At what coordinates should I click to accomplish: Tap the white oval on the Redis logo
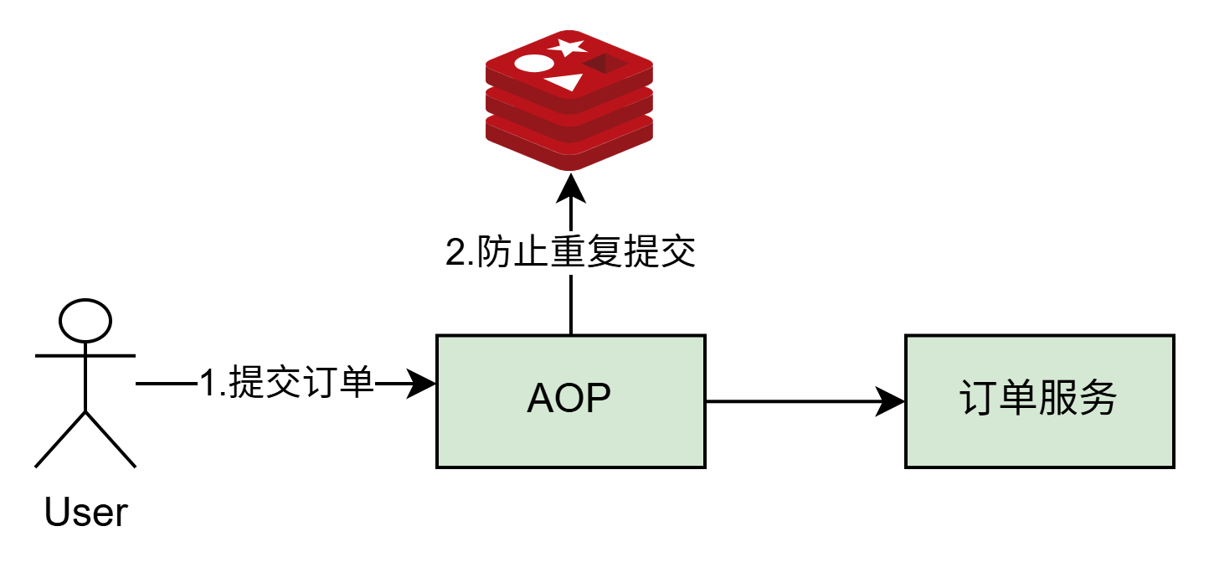[x=533, y=63]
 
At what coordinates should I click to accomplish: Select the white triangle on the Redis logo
[x=565, y=81]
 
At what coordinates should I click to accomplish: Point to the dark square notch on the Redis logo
[x=604, y=64]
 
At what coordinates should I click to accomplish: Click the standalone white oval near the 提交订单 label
[x=85, y=321]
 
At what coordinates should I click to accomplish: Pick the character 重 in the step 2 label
[x=566, y=252]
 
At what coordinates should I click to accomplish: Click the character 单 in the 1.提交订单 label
[x=356, y=383]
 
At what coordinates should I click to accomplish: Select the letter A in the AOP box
[x=542, y=399]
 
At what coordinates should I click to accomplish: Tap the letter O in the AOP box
[x=570, y=399]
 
